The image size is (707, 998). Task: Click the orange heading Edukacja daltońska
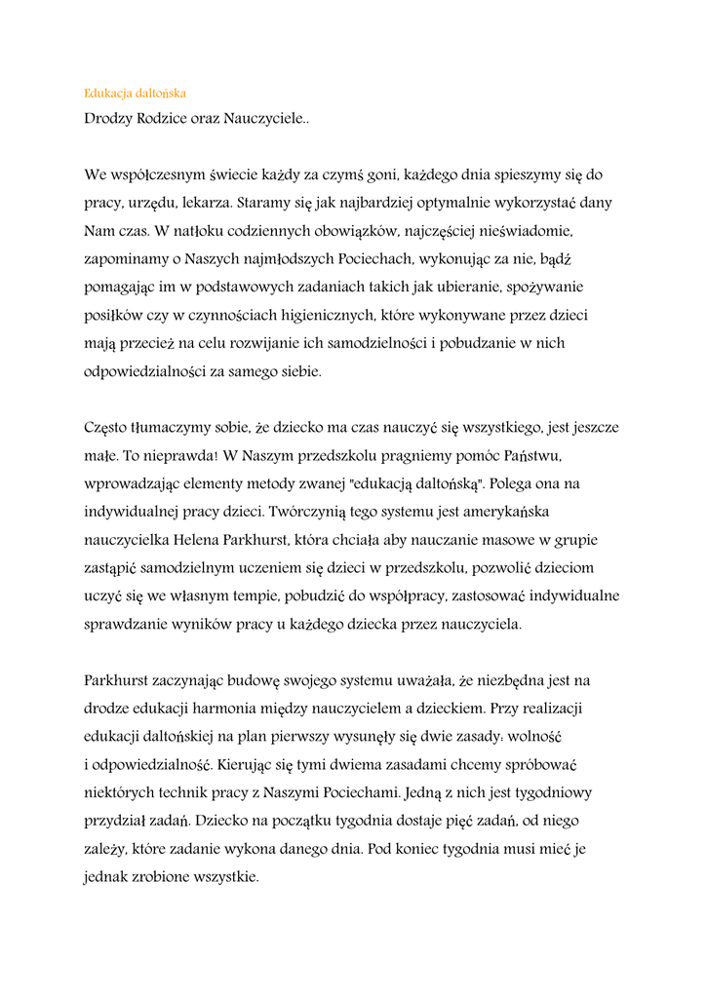pos(135,94)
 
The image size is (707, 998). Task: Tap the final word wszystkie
pos(227,876)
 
